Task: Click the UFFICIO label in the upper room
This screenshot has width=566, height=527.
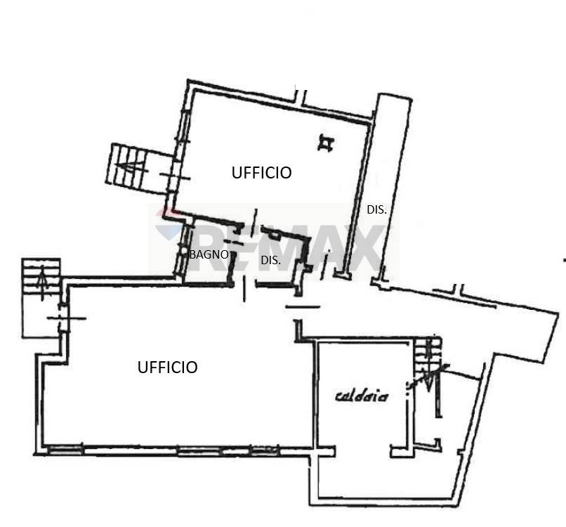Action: tap(261, 173)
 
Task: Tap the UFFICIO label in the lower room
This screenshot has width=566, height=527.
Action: tap(168, 367)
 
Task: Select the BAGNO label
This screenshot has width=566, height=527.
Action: tap(209, 254)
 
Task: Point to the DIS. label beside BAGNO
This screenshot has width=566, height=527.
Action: tap(271, 260)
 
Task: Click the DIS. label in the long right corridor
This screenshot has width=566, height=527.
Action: tap(376, 209)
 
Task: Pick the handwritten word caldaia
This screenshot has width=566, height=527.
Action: tap(362, 396)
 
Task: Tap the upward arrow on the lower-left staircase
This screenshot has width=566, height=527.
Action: tap(43, 282)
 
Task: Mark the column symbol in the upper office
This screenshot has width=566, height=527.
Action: tap(326, 143)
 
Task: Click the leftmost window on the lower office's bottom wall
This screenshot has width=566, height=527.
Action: tap(65, 450)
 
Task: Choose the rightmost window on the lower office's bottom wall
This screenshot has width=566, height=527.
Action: tap(265, 450)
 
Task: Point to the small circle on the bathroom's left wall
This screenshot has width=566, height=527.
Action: tap(183, 252)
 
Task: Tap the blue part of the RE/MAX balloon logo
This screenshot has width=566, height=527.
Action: tap(171, 231)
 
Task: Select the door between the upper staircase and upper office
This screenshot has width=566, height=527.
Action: tap(175, 176)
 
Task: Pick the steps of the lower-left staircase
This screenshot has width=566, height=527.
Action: tap(41, 280)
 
